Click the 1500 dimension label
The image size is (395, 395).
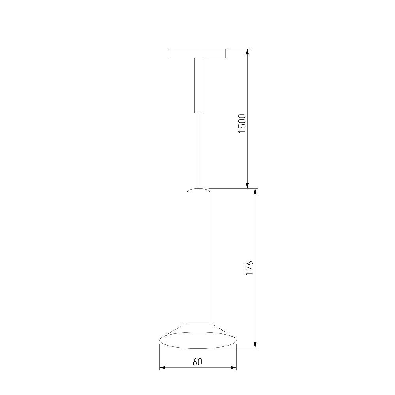242,123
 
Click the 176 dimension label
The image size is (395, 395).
249,268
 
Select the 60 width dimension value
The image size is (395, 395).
197,362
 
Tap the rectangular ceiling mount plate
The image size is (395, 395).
197,53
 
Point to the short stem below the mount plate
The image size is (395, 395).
199,85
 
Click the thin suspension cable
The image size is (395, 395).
199,150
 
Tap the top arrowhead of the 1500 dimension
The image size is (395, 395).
247,52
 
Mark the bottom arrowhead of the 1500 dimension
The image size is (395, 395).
247,185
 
